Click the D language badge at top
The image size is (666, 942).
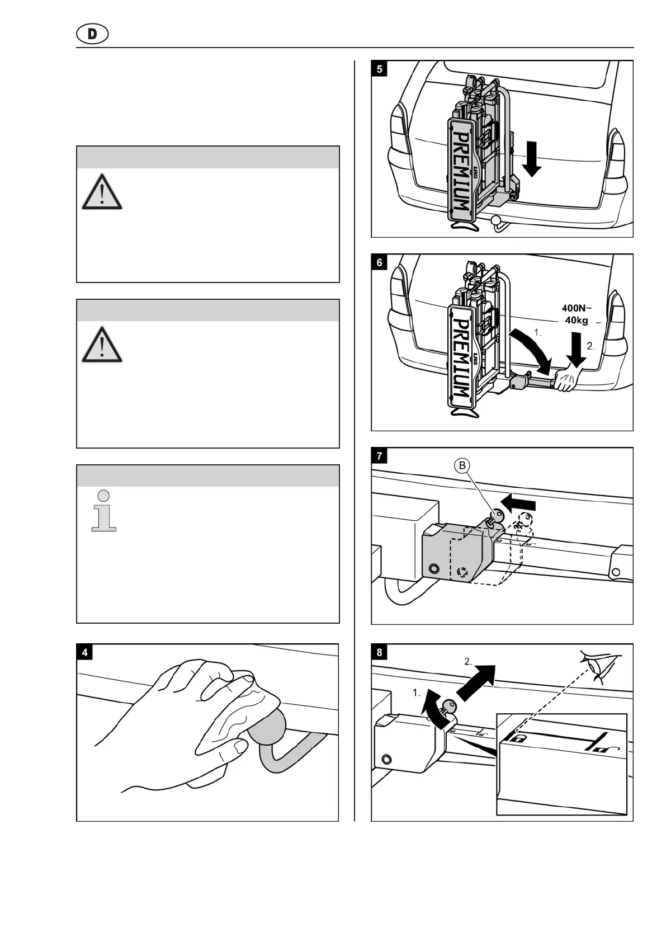[x=92, y=35]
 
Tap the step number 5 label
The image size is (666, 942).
[x=380, y=69]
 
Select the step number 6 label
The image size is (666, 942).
[x=380, y=262]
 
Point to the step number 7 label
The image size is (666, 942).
[x=380, y=456]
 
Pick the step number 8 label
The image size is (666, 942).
[x=380, y=652]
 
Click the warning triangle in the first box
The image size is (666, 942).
[x=102, y=192]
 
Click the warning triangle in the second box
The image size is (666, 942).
[x=102, y=344]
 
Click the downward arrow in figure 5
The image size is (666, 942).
[x=532, y=158]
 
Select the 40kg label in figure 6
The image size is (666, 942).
[x=576, y=320]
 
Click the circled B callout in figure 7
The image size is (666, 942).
[x=462, y=466]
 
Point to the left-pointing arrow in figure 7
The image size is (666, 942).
[x=518, y=502]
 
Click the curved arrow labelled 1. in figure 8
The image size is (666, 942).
[x=433, y=707]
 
